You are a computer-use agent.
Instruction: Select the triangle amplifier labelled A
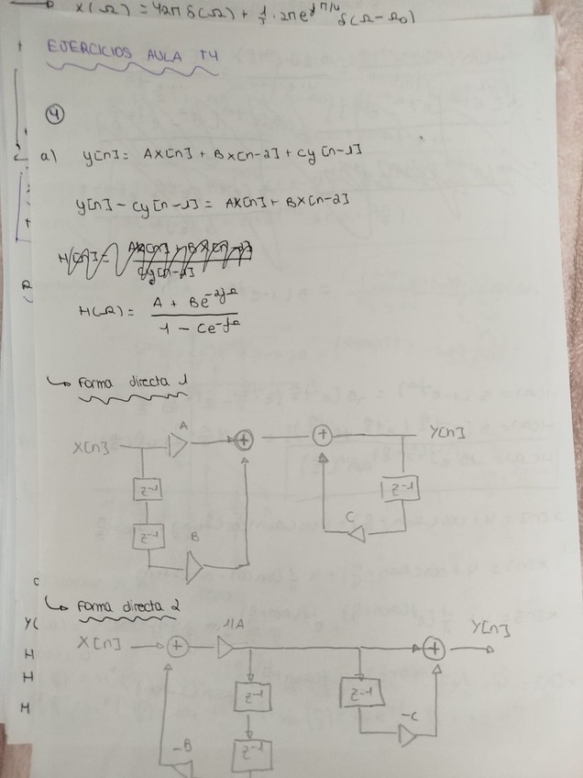tap(178, 444)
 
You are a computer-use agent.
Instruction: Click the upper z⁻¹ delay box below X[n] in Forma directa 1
tap(147, 491)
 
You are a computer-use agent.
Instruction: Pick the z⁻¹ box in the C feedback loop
tap(401, 491)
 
